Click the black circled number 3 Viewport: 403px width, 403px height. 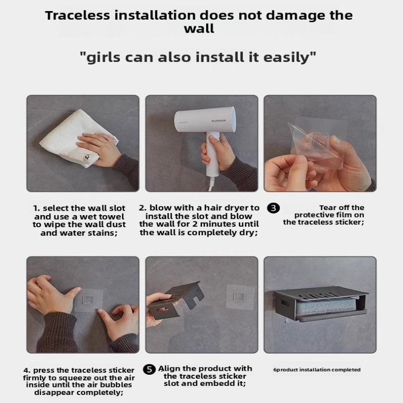click(x=274, y=208)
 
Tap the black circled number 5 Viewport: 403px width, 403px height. click(x=149, y=370)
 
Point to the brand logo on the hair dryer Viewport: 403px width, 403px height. click(x=219, y=120)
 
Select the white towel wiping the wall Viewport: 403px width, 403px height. click(x=77, y=139)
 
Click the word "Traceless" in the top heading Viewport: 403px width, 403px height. click(x=78, y=15)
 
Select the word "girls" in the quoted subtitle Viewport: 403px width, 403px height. click(x=103, y=57)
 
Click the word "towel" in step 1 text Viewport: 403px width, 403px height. click(x=111, y=217)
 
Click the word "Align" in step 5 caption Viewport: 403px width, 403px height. click(x=170, y=369)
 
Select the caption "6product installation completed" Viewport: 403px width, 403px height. click(x=317, y=370)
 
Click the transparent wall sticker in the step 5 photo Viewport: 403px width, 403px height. click(x=240, y=297)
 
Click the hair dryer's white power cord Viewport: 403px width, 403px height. click(x=211, y=184)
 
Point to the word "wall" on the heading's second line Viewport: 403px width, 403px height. click(x=199, y=28)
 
